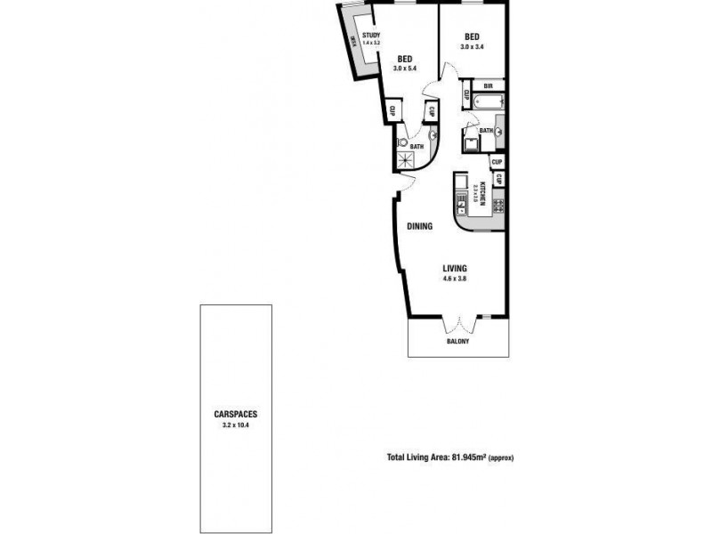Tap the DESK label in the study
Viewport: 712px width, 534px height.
pos(353,40)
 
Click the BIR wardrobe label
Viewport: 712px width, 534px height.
pos(488,86)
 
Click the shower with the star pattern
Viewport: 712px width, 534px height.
pos(409,160)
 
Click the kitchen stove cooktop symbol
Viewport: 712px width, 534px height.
pos(498,206)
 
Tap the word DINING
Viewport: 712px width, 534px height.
pos(420,227)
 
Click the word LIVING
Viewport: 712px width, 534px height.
pos(456,269)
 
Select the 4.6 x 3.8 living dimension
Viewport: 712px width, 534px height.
pos(456,279)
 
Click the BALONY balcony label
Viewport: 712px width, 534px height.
pos(458,342)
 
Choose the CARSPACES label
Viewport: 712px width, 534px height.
pos(237,415)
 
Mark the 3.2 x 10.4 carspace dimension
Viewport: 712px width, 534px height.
pos(237,425)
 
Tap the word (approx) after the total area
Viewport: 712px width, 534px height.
pos(502,457)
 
